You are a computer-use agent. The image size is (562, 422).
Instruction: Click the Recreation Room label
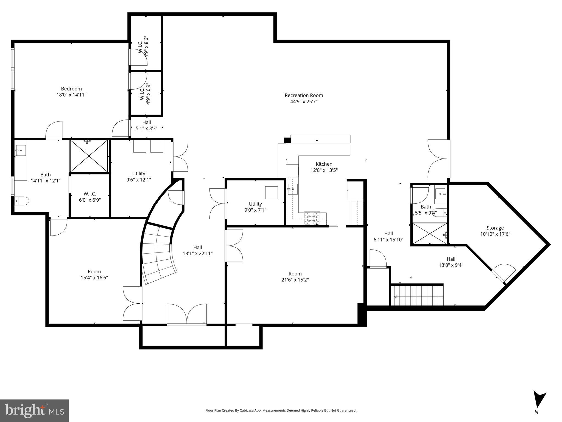(x=304, y=95)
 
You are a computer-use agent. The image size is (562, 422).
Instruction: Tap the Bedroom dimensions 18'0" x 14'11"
(x=71, y=95)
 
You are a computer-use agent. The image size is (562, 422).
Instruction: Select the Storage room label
(x=495, y=228)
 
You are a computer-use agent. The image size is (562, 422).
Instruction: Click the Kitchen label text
(x=324, y=164)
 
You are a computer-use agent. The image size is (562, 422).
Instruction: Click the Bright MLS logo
(x=34, y=410)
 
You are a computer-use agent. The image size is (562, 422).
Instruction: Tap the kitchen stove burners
(x=312, y=218)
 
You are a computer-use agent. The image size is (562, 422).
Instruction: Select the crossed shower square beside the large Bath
(x=89, y=156)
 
